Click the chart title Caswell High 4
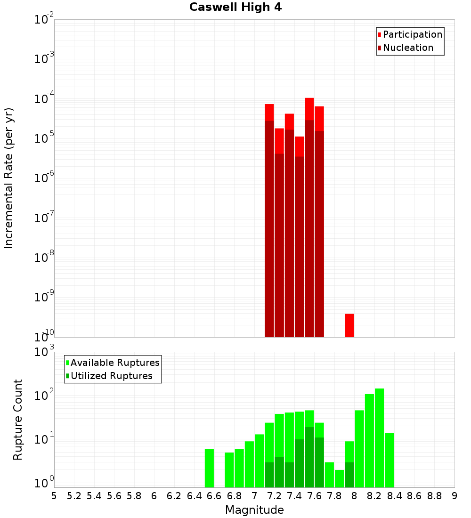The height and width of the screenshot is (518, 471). pos(235,7)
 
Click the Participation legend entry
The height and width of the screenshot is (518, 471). pos(412,34)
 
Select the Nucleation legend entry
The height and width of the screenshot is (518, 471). pos(407,48)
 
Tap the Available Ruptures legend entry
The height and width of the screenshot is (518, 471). pos(114,363)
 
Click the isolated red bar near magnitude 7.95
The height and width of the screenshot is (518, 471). pos(349,325)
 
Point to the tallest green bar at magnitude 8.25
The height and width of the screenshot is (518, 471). pos(379,438)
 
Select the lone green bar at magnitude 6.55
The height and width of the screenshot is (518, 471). pos(209,468)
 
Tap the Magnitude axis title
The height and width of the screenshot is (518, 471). pos(254,510)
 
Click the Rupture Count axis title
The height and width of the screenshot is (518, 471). pos(18,419)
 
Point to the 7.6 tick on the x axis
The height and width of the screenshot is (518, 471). pos(314,495)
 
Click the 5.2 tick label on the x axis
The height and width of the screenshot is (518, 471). pos(74,495)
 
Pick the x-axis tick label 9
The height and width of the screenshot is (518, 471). pos(454,495)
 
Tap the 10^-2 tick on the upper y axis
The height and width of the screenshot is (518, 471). pos(44,20)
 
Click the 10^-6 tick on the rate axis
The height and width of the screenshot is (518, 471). pos(44,178)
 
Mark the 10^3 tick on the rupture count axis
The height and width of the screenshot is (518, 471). pos(44,352)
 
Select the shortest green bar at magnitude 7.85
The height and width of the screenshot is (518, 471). pos(339,478)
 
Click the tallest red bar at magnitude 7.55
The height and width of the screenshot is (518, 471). pos(309,217)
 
